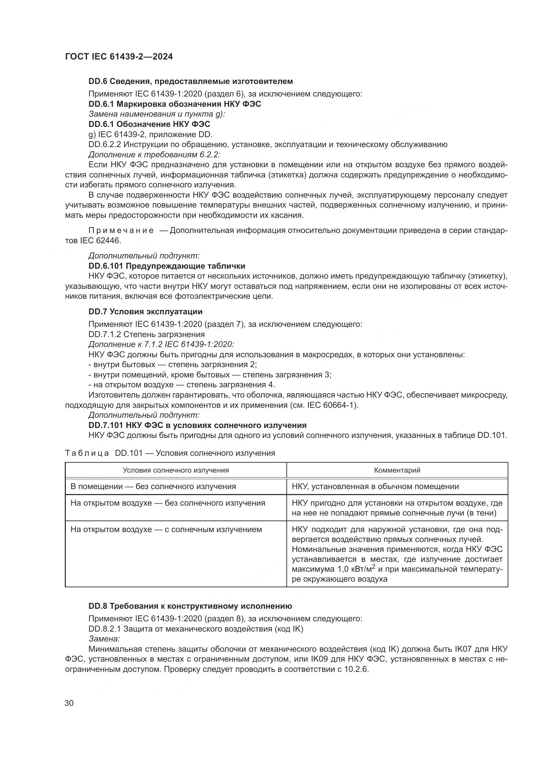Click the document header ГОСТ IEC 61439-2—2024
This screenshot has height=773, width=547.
coord(119,57)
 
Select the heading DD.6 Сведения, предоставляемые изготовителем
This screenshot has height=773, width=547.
coord(190,81)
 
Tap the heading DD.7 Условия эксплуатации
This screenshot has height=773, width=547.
coord(145,311)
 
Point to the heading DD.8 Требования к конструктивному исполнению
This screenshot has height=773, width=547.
coord(190,606)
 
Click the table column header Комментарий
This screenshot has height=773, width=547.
coord(397,470)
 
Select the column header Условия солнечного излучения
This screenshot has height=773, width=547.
coord(176,470)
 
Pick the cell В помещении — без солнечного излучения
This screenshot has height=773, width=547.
coord(153,486)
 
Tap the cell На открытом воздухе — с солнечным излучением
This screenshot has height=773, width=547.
coord(166,529)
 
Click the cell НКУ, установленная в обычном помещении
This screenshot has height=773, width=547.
coord(375,486)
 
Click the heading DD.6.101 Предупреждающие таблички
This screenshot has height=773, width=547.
coord(167,266)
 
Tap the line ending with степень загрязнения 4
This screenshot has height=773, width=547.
coord(182,385)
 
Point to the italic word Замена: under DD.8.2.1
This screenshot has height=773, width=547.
coord(104,639)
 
